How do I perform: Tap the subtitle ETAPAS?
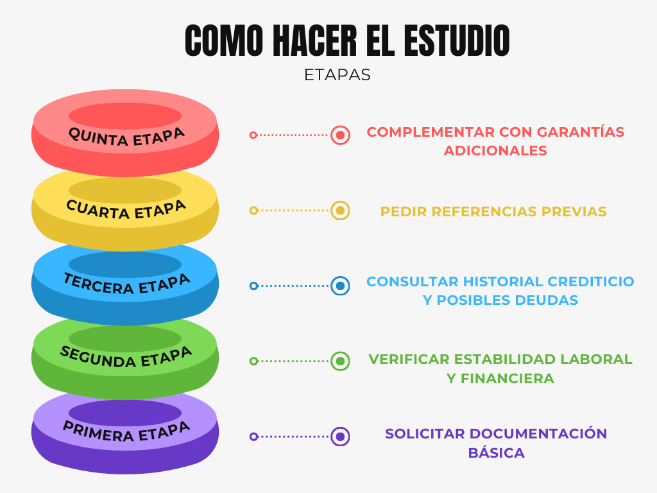pyautogui.click(x=337, y=75)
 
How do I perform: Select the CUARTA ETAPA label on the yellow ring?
pyautogui.click(x=126, y=211)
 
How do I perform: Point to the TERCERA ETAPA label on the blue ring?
pyautogui.click(x=126, y=284)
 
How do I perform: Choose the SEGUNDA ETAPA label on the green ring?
pyautogui.click(x=126, y=358)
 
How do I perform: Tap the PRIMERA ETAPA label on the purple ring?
pyautogui.click(x=126, y=431)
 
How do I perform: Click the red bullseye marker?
pyautogui.click(x=340, y=135)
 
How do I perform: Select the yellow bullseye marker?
pyautogui.click(x=340, y=211)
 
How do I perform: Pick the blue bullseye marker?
pyautogui.click(x=340, y=286)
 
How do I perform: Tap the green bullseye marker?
pyautogui.click(x=340, y=361)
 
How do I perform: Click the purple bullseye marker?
pyautogui.click(x=340, y=437)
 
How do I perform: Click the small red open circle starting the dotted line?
pyautogui.click(x=253, y=135)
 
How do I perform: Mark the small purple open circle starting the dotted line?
pyautogui.click(x=253, y=437)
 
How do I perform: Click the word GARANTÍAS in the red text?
pyautogui.click(x=581, y=132)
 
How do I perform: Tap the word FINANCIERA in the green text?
pyautogui.click(x=508, y=379)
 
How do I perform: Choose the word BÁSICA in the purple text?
pyautogui.click(x=496, y=453)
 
